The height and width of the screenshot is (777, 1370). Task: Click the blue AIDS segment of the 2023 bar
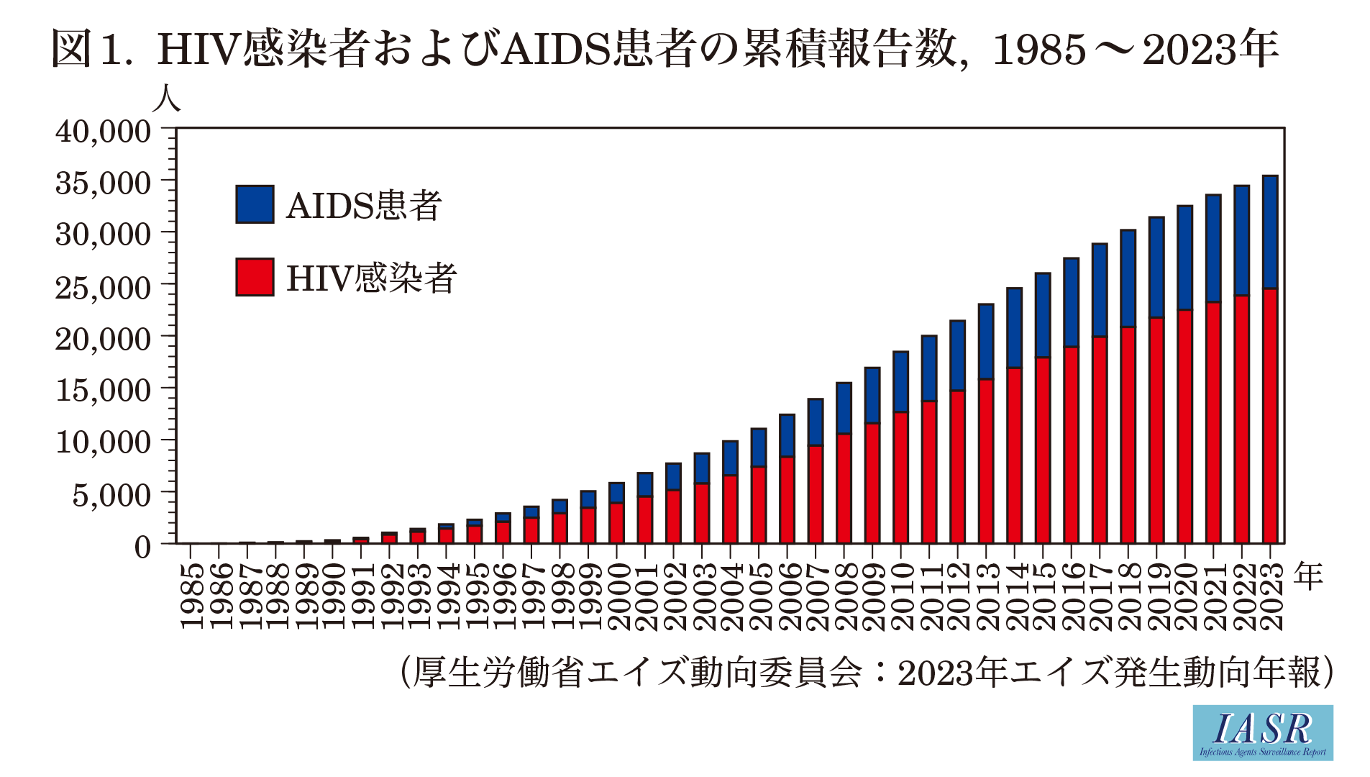[1270, 232]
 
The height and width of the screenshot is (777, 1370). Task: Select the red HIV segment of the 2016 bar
[1071, 445]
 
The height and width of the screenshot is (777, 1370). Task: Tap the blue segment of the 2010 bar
[900, 382]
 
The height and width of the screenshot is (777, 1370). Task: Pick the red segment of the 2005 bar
[759, 505]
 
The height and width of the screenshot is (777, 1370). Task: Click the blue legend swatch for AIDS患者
[255, 204]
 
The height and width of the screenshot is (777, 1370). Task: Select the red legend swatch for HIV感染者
[255, 277]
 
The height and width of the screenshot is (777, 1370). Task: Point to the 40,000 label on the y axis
[104, 131]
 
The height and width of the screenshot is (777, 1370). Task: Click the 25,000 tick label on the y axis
[104, 287]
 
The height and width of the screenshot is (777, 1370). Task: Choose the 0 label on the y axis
[143, 547]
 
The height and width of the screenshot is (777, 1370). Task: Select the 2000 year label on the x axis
[618, 596]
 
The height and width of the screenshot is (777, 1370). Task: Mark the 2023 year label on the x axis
[1271, 596]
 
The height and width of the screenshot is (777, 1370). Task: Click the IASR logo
[1263, 732]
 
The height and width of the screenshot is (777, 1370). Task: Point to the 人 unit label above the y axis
[166, 99]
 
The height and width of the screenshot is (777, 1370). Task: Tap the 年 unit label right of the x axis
[1309, 576]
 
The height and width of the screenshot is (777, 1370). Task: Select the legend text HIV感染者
[371, 278]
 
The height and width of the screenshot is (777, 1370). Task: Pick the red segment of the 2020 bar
[1184, 427]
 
